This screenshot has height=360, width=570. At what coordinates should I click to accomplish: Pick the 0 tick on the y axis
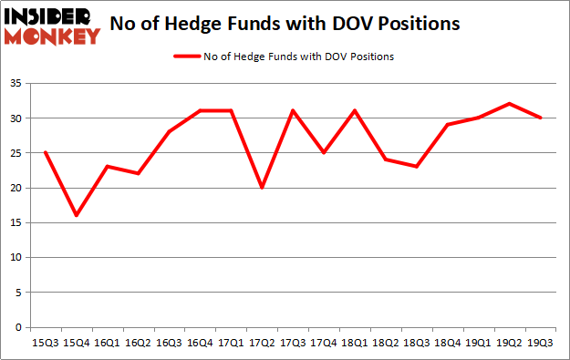(20, 327)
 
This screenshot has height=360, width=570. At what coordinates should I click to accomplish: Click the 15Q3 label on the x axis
(44, 344)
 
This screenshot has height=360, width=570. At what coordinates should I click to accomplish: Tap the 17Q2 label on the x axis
(262, 344)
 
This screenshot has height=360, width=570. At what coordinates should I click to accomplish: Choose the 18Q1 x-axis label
(355, 344)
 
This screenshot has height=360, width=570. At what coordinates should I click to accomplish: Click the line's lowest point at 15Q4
(76, 215)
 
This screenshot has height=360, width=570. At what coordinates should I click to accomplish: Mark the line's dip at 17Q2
(262, 188)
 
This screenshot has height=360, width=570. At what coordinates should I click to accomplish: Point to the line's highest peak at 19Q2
(510, 104)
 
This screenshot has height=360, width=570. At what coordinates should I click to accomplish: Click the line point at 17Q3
(293, 110)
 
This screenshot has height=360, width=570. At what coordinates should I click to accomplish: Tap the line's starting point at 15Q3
(44, 152)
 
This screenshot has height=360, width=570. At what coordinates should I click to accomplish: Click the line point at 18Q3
(417, 167)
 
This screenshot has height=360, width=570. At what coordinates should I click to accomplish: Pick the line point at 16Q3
(169, 131)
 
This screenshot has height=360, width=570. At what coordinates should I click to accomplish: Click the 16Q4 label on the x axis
(200, 344)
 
